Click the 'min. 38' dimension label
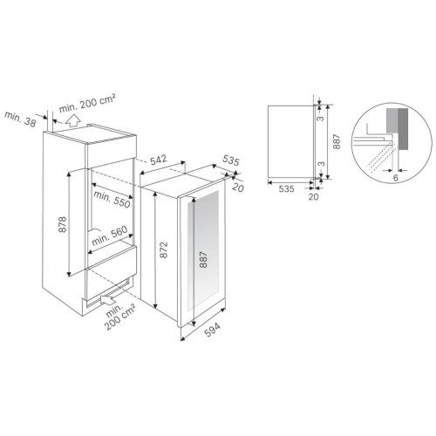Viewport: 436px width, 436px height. [20, 119]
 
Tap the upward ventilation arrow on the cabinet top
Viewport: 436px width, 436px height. [72, 120]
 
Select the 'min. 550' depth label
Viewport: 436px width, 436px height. [112, 200]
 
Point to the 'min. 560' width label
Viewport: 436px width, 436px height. [110, 235]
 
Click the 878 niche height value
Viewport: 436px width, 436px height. [62, 224]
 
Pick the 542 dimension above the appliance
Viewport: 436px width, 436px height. [159, 160]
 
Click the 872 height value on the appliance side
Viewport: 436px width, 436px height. [164, 249]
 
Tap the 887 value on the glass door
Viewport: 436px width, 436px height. [204, 259]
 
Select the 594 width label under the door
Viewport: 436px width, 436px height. [212, 330]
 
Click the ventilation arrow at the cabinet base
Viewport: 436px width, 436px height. [107, 299]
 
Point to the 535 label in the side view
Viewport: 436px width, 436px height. [286, 189]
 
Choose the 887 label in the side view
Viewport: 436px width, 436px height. [337, 141]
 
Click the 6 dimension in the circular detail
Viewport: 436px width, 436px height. [395, 178]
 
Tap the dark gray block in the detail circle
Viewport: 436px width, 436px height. [404, 129]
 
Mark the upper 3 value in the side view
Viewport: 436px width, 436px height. [320, 119]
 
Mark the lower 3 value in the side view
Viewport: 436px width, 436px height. [321, 164]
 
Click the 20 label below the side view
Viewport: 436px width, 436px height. [313, 197]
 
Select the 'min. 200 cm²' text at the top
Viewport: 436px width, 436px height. [87, 103]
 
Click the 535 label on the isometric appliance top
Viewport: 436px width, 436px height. [231, 160]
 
